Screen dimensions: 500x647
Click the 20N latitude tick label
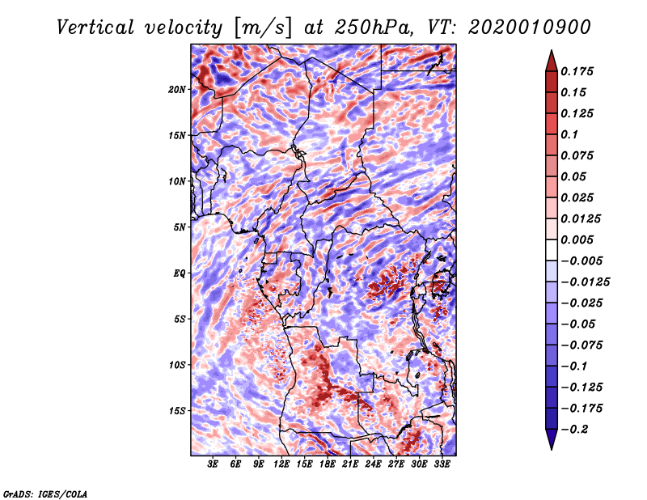click(x=177, y=89)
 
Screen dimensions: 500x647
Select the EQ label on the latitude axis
click(x=179, y=273)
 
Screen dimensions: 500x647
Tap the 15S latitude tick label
click(x=177, y=410)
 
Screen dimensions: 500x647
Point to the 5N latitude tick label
click(x=180, y=227)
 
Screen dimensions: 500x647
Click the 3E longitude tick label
click(x=214, y=464)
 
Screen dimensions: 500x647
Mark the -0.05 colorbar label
click(x=577, y=324)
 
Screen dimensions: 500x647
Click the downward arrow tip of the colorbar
click(x=551, y=447)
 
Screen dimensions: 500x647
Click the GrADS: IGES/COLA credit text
click(x=45, y=493)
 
